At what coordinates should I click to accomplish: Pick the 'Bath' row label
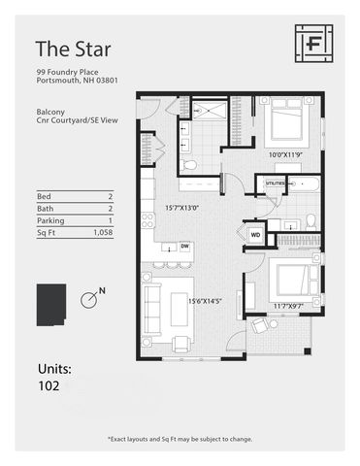pyautogui.click(x=46, y=209)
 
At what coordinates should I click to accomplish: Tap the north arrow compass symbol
pyautogui.click(x=89, y=299)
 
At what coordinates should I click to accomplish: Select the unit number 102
pyautogui.click(x=49, y=385)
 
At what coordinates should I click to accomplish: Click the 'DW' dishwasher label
pyautogui.click(x=183, y=248)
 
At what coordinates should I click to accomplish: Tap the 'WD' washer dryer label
pyautogui.click(x=255, y=234)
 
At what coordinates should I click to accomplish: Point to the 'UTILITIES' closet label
pyautogui.click(x=275, y=183)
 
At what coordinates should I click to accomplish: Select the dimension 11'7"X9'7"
pyautogui.click(x=287, y=306)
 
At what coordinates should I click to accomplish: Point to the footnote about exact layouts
pyautogui.click(x=180, y=439)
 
